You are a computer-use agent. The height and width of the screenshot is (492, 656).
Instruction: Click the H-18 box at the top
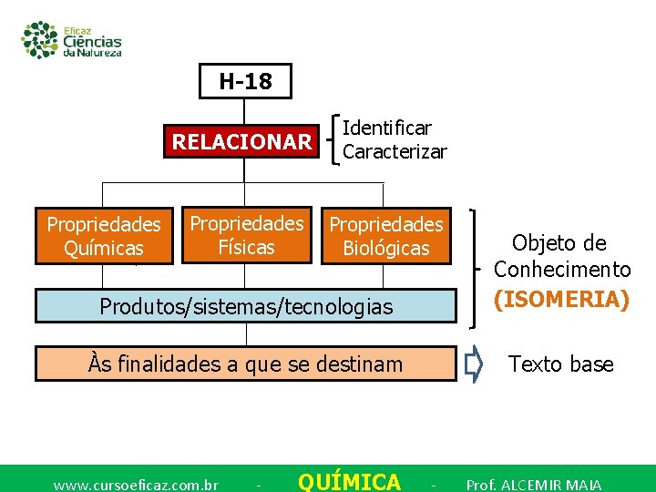click(x=245, y=81)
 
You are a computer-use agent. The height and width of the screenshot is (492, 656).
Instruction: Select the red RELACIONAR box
click(x=241, y=142)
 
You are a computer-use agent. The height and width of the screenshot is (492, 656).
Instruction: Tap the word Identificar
click(x=386, y=128)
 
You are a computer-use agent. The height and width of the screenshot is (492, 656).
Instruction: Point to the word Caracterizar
click(x=395, y=152)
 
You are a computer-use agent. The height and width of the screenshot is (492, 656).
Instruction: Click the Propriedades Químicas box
click(x=104, y=236)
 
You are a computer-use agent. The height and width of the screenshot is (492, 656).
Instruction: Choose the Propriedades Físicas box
click(x=246, y=235)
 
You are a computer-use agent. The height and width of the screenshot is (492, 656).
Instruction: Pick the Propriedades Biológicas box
click(x=386, y=236)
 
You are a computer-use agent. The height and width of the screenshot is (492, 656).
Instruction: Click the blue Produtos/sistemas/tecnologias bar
click(x=245, y=306)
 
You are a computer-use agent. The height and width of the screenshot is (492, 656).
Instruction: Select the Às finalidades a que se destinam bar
click(x=245, y=364)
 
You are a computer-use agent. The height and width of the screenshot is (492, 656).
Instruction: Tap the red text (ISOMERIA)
click(x=562, y=300)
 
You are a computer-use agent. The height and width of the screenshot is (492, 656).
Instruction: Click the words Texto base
click(x=560, y=364)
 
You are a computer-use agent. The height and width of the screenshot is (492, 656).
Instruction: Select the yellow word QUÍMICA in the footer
click(x=349, y=482)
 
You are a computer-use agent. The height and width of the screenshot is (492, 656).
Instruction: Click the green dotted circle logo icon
click(x=40, y=39)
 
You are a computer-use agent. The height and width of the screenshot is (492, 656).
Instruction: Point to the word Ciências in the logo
click(x=92, y=41)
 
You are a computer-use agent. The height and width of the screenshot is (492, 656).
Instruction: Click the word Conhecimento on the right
click(x=562, y=270)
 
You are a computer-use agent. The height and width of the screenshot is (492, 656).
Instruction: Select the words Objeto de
click(x=559, y=242)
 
